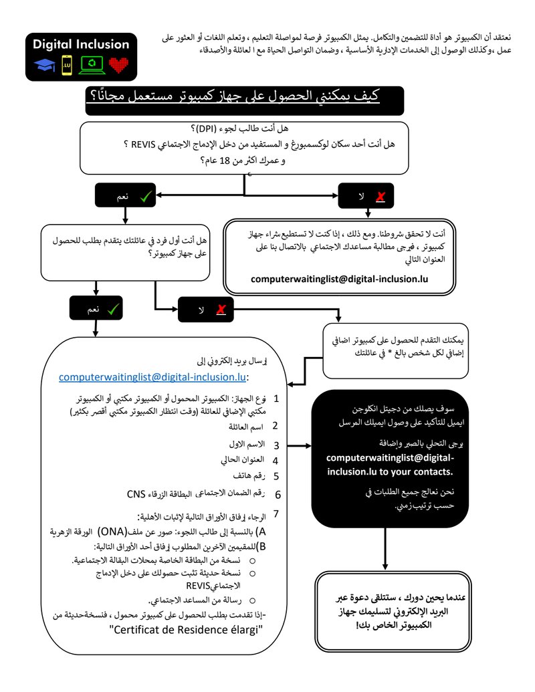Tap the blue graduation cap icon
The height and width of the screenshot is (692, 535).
[45, 65]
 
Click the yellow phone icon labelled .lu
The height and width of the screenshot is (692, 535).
[66, 65]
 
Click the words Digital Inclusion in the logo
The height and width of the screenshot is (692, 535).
[81, 44]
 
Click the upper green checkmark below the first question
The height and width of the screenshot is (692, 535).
[145, 196]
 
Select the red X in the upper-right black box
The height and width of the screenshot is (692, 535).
[381, 196]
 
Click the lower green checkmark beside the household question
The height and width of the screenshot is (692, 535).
[113, 309]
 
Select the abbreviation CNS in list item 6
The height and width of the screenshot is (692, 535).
[136, 495]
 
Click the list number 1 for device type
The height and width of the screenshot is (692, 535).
[276, 399]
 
